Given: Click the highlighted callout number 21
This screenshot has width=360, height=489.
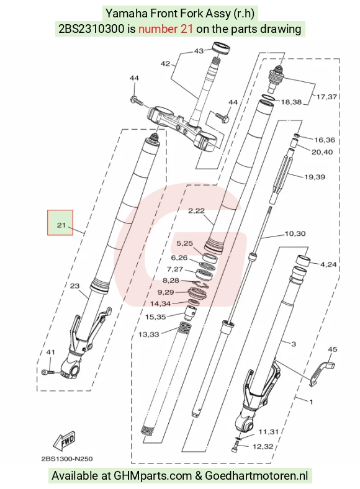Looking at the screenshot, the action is click(x=61, y=225).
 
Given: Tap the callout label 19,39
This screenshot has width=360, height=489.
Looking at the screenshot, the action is click(x=315, y=177).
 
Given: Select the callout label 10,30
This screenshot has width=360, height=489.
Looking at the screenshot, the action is click(x=295, y=233).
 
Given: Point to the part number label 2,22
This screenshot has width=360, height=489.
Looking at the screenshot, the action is click(x=196, y=211).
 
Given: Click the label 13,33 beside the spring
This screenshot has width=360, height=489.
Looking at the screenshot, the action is click(x=149, y=334).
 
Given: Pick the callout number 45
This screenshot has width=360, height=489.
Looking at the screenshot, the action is click(x=333, y=349).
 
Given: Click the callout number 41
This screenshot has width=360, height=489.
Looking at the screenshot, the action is click(x=50, y=352).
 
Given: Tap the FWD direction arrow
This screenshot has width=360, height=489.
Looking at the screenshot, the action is click(x=65, y=441).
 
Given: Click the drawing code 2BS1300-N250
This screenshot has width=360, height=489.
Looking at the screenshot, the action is click(x=67, y=459).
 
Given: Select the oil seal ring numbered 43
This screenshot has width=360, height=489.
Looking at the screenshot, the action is click(x=222, y=48).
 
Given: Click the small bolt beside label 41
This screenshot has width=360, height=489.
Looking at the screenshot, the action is click(x=48, y=372).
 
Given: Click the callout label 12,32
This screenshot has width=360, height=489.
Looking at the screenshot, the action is click(x=263, y=447).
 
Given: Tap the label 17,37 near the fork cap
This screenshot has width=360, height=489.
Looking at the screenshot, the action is click(x=326, y=97).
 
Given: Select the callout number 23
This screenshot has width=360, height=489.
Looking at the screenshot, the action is click(x=74, y=285).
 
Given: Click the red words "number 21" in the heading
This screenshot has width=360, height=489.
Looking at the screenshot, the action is click(x=165, y=29).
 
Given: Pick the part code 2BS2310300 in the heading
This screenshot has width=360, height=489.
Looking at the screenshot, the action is click(x=91, y=29).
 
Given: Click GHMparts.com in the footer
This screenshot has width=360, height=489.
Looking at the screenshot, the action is click(x=153, y=475).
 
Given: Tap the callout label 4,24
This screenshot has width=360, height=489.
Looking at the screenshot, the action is click(x=328, y=264).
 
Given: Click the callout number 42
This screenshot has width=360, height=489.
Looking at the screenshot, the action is click(x=165, y=64).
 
